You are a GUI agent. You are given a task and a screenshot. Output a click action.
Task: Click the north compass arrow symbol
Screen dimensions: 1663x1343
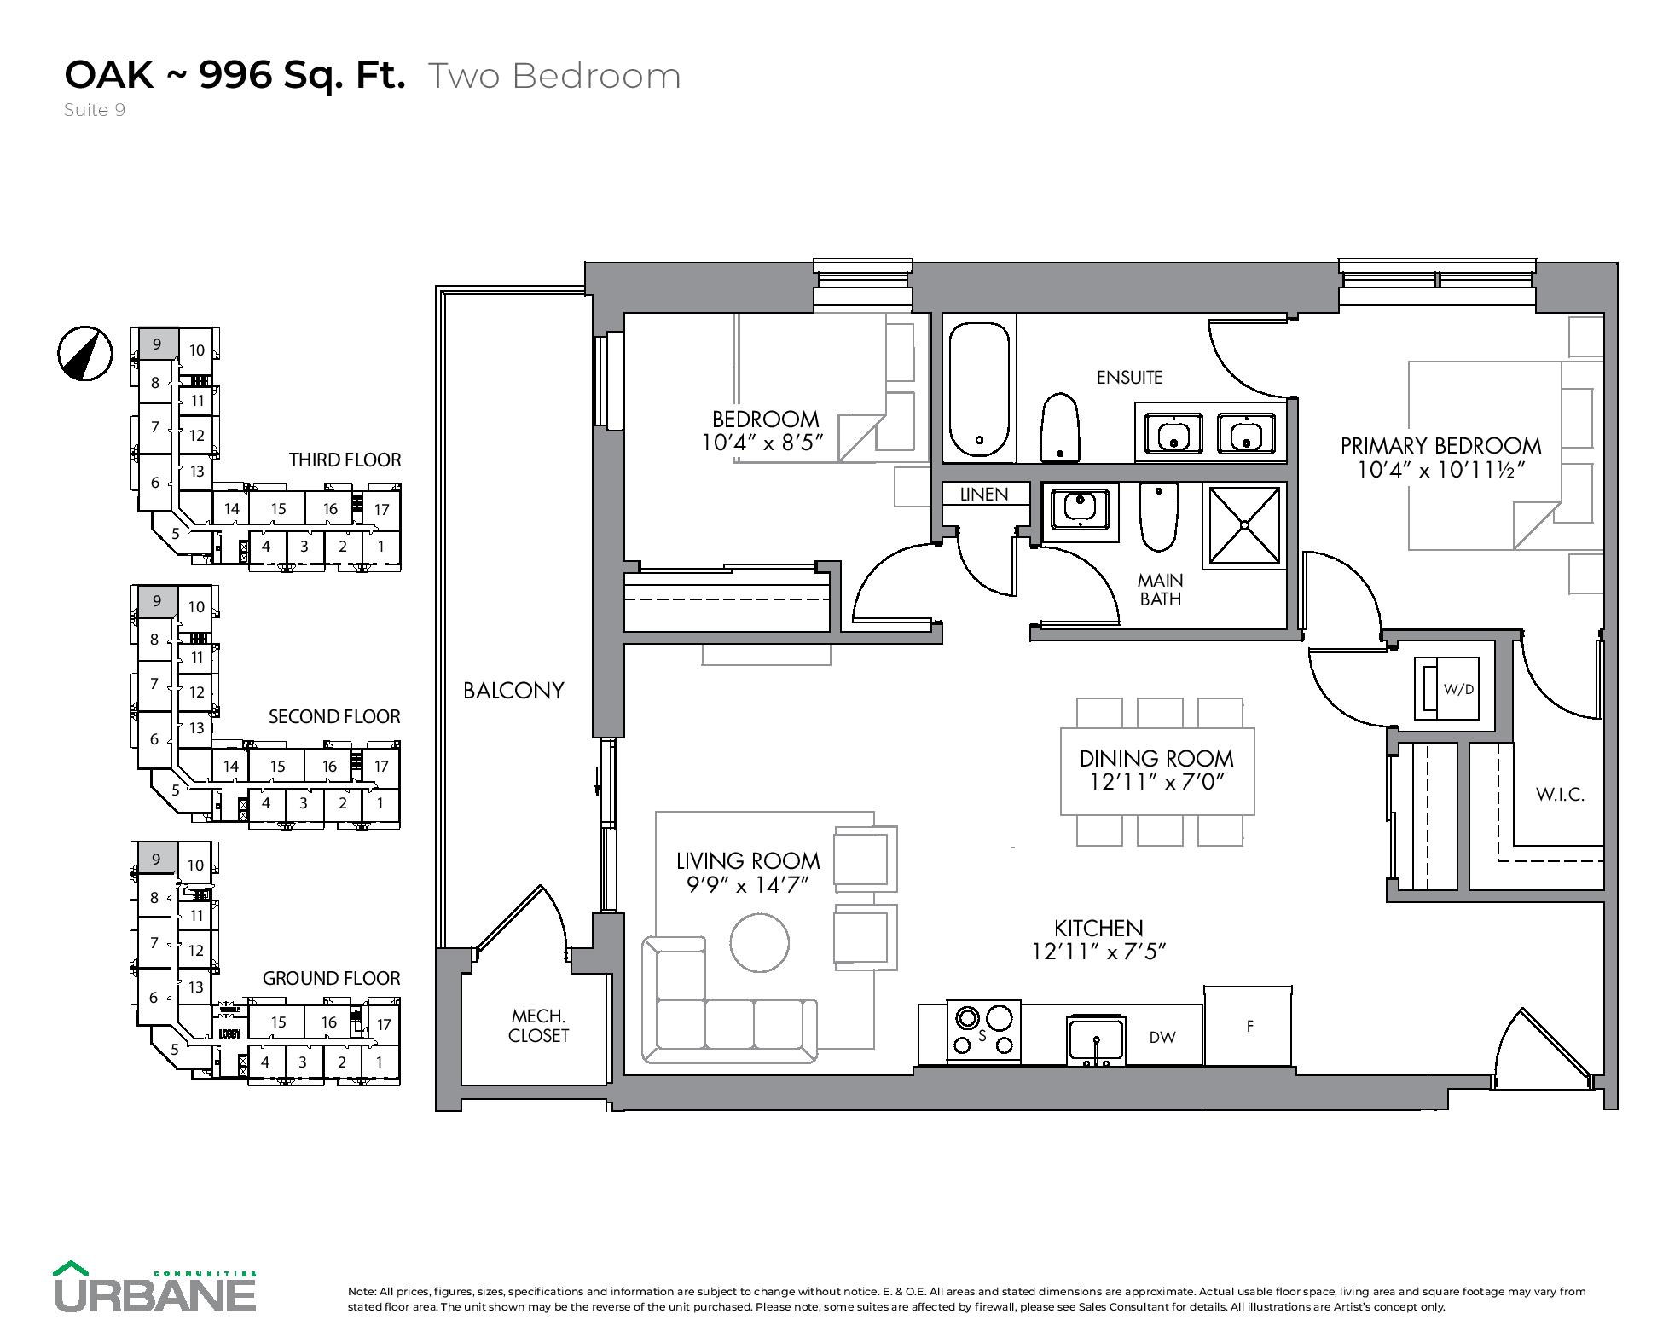click(85, 353)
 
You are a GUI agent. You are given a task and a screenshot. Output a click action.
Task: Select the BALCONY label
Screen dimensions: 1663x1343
click(513, 690)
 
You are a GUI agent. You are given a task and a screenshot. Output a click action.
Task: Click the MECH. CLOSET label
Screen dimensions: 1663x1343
click(538, 1025)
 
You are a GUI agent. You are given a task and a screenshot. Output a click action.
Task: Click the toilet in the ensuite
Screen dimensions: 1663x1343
click(1060, 427)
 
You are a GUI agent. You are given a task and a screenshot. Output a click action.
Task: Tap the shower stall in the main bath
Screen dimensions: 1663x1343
click(1243, 526)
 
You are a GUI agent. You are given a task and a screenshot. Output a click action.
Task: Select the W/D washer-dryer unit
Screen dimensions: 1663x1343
click(1449, 688)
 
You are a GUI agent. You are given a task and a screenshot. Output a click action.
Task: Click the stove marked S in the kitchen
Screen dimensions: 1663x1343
click(984, 1032)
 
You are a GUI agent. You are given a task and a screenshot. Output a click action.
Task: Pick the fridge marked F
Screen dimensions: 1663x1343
click(1249, 1026)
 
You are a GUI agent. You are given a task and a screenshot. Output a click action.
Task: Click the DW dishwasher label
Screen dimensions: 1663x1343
click(1162, 1037)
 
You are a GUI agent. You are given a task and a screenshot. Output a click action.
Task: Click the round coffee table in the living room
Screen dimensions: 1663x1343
click(759, 942)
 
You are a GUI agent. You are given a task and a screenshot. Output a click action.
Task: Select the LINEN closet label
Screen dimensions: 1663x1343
click(984, 494)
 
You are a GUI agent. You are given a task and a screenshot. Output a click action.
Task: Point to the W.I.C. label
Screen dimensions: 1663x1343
click(1560, 795)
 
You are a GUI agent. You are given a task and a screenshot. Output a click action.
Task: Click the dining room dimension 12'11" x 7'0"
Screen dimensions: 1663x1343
click(1156, 781)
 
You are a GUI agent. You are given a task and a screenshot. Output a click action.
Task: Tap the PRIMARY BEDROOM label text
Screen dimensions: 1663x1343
click(1440, 445)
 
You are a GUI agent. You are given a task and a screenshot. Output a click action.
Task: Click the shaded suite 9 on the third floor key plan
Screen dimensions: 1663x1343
click(156, 344)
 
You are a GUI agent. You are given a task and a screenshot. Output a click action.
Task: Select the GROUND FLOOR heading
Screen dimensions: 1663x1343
click(331, 978)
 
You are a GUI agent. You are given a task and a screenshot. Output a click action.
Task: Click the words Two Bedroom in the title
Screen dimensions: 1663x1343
click(553, 76)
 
